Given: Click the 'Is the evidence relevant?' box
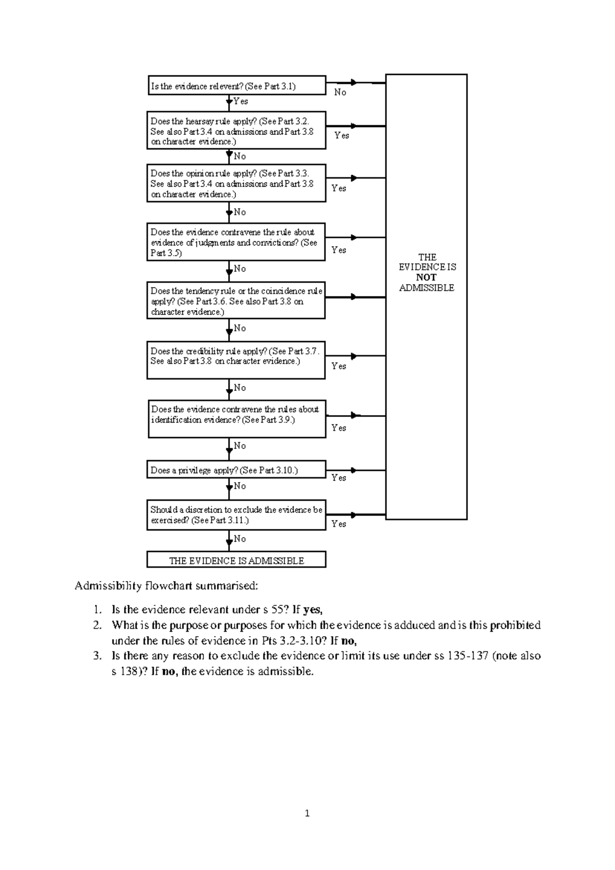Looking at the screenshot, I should coord(236,86).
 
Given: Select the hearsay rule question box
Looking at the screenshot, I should coord(236,131).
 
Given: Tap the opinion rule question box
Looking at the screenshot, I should coord(236,184).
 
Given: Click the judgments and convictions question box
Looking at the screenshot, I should coord(236,242).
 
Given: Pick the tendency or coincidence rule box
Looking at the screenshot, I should coord(236,301).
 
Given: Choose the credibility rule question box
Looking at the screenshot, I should coord(236,360).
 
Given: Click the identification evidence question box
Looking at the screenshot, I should coord(237,419).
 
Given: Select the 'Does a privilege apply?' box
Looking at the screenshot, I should coord(236,470).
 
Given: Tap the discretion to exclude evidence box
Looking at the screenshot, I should coord(236,515).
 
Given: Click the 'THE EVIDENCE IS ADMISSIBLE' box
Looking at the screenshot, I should coord(236,560).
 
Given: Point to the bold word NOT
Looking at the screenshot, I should coord(426,278).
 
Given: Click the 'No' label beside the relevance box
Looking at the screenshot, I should coord(340,92).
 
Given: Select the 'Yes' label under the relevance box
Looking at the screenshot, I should coord(240,101).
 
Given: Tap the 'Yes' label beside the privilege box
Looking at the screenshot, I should coord(339,478).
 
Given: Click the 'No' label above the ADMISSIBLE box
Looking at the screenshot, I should coord(240,539).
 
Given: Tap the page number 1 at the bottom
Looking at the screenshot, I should coord(307,813).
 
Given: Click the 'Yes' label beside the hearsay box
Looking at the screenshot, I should coord(342,135).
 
